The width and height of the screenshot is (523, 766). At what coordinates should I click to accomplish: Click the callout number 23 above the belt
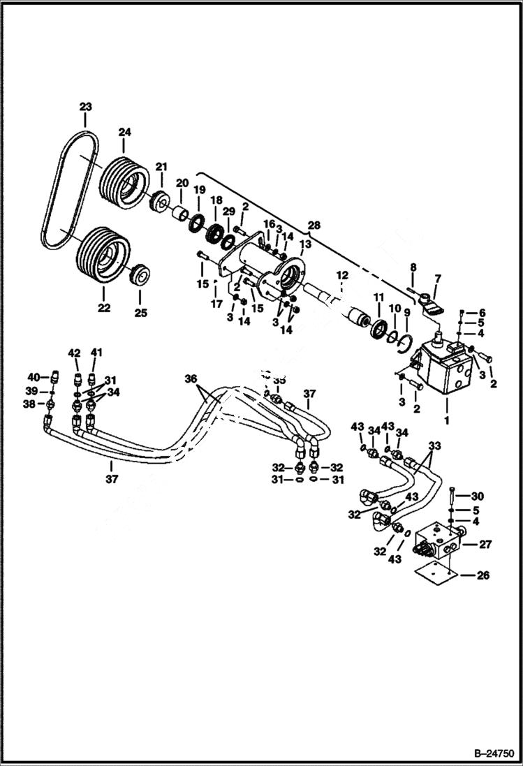[x=85, y=107]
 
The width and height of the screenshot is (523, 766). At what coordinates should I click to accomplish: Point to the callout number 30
[x=477, y=496]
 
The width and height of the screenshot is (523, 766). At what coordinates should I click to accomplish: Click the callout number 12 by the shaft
[x=342, y=276]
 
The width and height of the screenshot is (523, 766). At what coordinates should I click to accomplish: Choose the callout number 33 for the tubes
[x=435, y=444]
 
